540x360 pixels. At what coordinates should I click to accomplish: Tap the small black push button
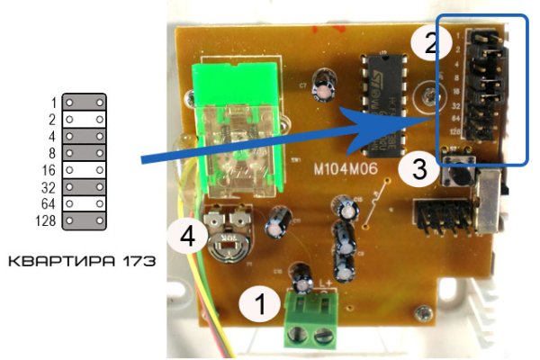[x=458, y=174]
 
